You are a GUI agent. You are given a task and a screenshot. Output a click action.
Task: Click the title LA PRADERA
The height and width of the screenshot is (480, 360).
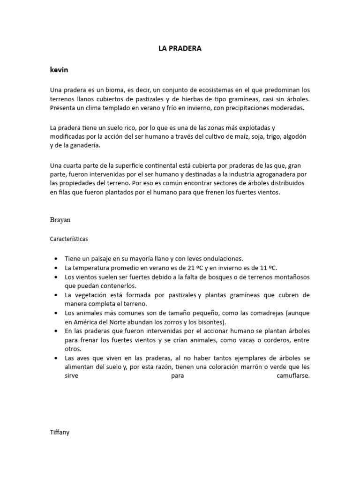[x=180, y=48]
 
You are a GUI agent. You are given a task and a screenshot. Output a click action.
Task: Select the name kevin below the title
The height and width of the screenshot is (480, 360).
[x=59, y=70]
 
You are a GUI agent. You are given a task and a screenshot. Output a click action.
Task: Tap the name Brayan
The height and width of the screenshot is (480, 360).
[x=60, y=219]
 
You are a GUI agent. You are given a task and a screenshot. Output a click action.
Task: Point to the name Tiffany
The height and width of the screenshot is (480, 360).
[x=60, y=432]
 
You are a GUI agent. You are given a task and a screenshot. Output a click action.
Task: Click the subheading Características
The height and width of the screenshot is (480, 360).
[x=69, y=239]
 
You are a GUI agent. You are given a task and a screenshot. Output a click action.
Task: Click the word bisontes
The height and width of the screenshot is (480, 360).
[x=211, y=322]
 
